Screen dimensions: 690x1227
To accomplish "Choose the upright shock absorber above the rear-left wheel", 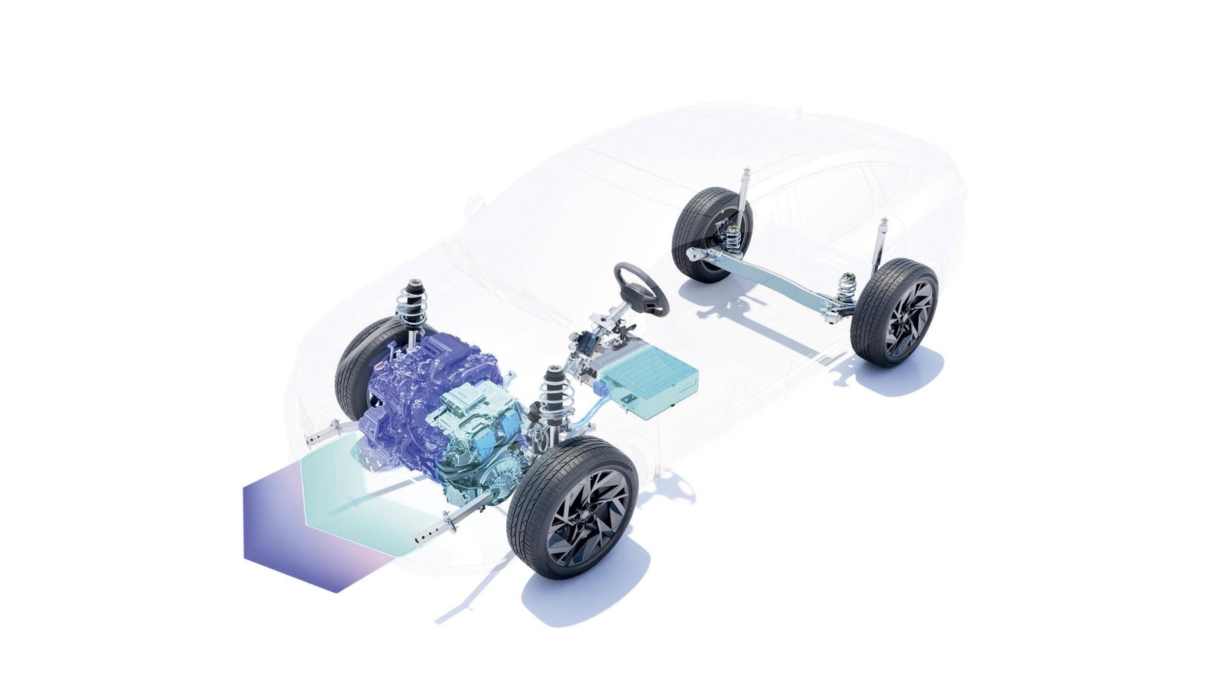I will pos(744,196).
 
